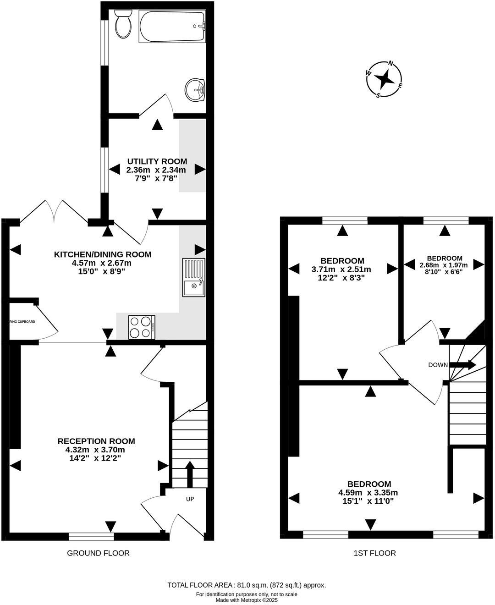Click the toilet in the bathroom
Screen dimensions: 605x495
[x=122, y=24]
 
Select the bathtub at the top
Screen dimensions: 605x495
[x=172, y=27]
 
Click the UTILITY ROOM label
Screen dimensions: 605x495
[x=157, y=161]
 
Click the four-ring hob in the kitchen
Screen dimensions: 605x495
[x=142, y=327]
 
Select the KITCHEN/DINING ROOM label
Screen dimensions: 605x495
[x=103, y=254]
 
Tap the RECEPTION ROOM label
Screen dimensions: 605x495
[x=96, y=441]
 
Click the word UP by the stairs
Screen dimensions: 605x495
[x=190, y=499]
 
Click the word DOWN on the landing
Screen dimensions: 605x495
[x=438, y=365]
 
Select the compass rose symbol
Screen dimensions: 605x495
[x=384, y=79]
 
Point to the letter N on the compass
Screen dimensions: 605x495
[x=391, y=64]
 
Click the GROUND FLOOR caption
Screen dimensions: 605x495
[x=98, y=553]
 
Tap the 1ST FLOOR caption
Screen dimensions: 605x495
[x=374, y=553]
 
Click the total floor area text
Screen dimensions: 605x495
[x=247, y=585]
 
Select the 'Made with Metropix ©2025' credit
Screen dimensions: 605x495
[x=247, y=600]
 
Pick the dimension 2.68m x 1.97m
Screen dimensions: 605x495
[x=444, y=265]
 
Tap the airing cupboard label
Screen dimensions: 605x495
[x=22, y=322]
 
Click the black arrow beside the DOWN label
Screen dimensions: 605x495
[x=463, y=365]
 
